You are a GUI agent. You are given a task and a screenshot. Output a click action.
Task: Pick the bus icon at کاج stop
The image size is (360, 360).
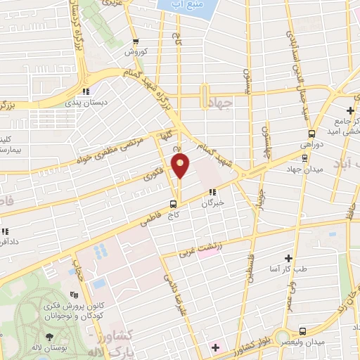(173, 203)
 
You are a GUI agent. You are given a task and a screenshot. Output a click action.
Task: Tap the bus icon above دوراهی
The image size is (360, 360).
(311, 134)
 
